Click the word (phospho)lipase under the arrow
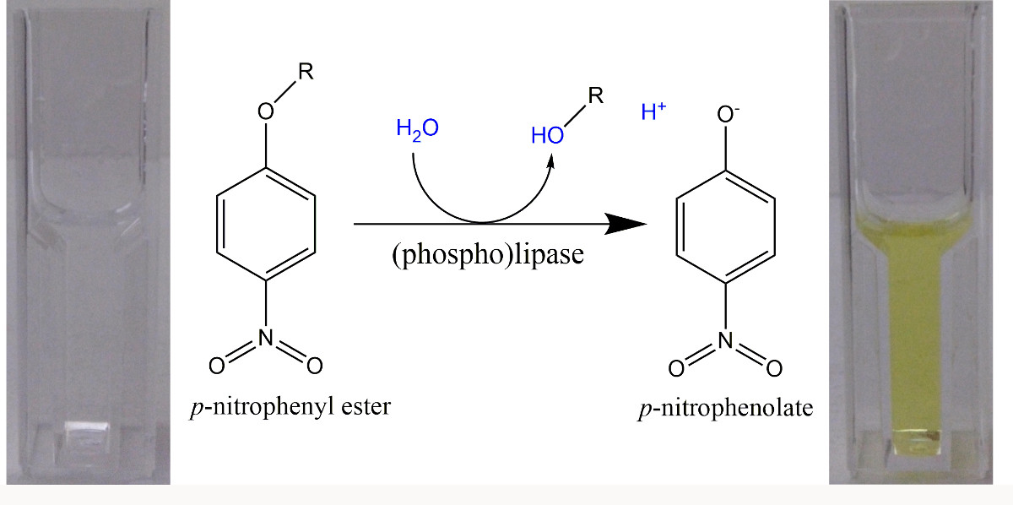pos(488,256)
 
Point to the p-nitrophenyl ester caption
pos(290,408)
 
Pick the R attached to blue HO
pos(595,95)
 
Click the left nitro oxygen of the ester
pos(217,365)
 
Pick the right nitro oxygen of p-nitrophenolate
pos(774,369)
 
